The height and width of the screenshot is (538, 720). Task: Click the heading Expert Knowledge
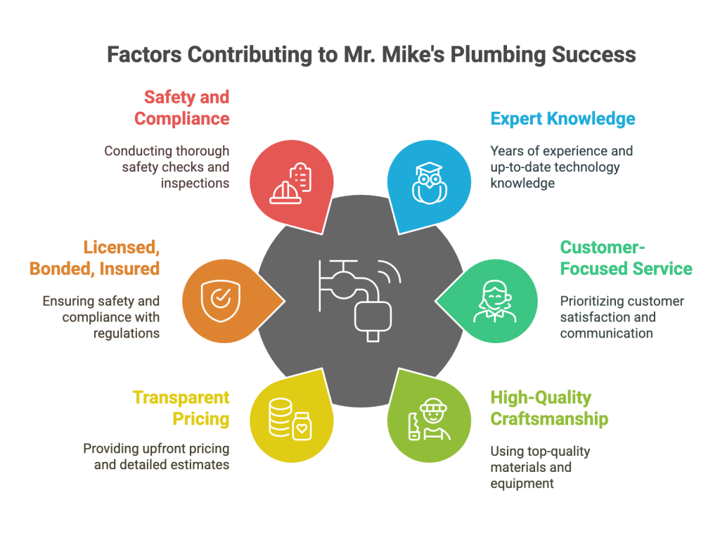pyautogui.click(x=562, y=118)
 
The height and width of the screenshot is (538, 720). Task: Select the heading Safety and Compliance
pyautogui.click(x=182, y=108)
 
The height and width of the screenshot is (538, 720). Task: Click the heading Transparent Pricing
pyautogui.click(x=181, y=408)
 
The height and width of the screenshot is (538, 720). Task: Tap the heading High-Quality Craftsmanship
pyautogui.click(x=549, y=408)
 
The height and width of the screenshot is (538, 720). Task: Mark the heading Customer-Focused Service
pyautogui.click(x=626, y=257)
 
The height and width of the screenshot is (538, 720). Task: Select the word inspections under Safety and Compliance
pyautogui.click(x=195, y=182)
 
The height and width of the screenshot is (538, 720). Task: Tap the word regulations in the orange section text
pyautogui.click(x=127, y=333)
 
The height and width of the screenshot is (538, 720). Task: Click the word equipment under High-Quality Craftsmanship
pyautogui.click(x=522, y=483)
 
